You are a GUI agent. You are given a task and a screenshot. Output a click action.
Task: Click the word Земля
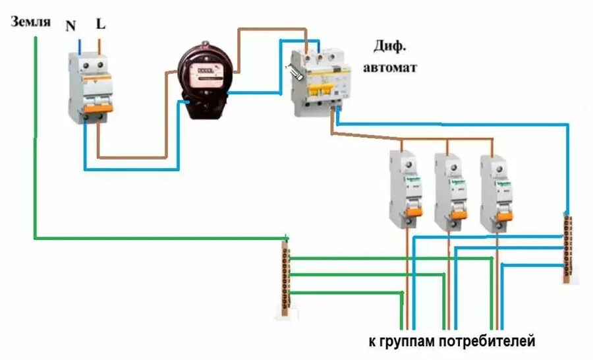(x=30, y=22)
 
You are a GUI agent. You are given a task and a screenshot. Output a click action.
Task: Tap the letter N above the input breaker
(x=71, y=26)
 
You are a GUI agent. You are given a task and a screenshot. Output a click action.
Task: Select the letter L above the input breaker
(x=101, y=25)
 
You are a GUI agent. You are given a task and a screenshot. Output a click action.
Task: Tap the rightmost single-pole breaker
(x=496, y=191)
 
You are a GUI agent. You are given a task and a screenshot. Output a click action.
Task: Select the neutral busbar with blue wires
(x=568, y=247)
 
